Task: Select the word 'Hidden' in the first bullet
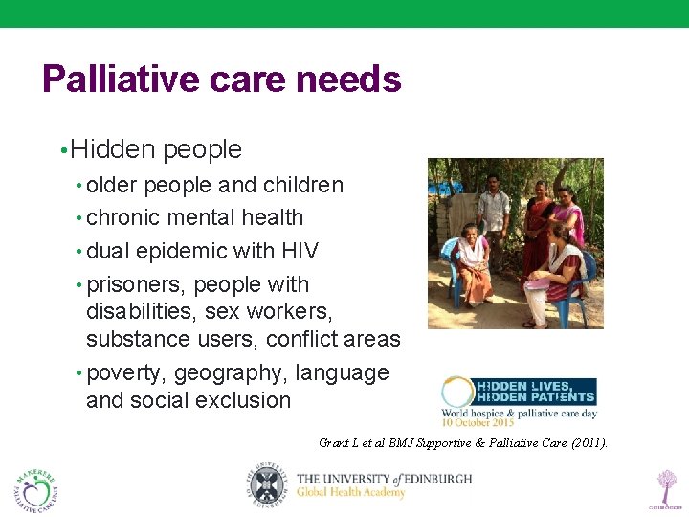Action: pyautogui.click(x=112, y=149)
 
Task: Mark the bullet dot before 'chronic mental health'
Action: pyautogui.click(x=78, y=218)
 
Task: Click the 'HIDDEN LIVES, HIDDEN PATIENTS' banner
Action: pyautogui.click(x=536, y=391)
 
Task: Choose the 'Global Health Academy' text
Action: pyautogui.click(x=351, y=493)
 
